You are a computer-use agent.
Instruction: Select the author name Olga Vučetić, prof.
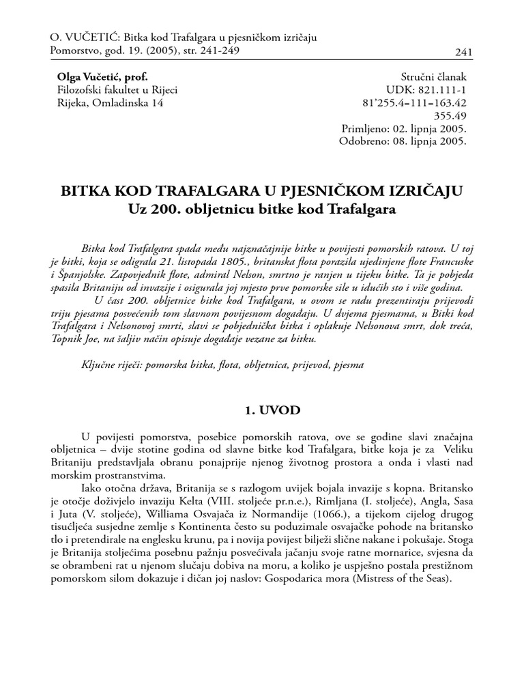(x=102, y=76)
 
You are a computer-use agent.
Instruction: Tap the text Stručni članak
(x=433, y=76)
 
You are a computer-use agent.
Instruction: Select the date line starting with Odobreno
(x=403, y=142)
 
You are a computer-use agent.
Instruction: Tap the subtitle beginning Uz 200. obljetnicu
(x=262, y=209)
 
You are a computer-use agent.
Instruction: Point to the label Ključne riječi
(x=113, y=365)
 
